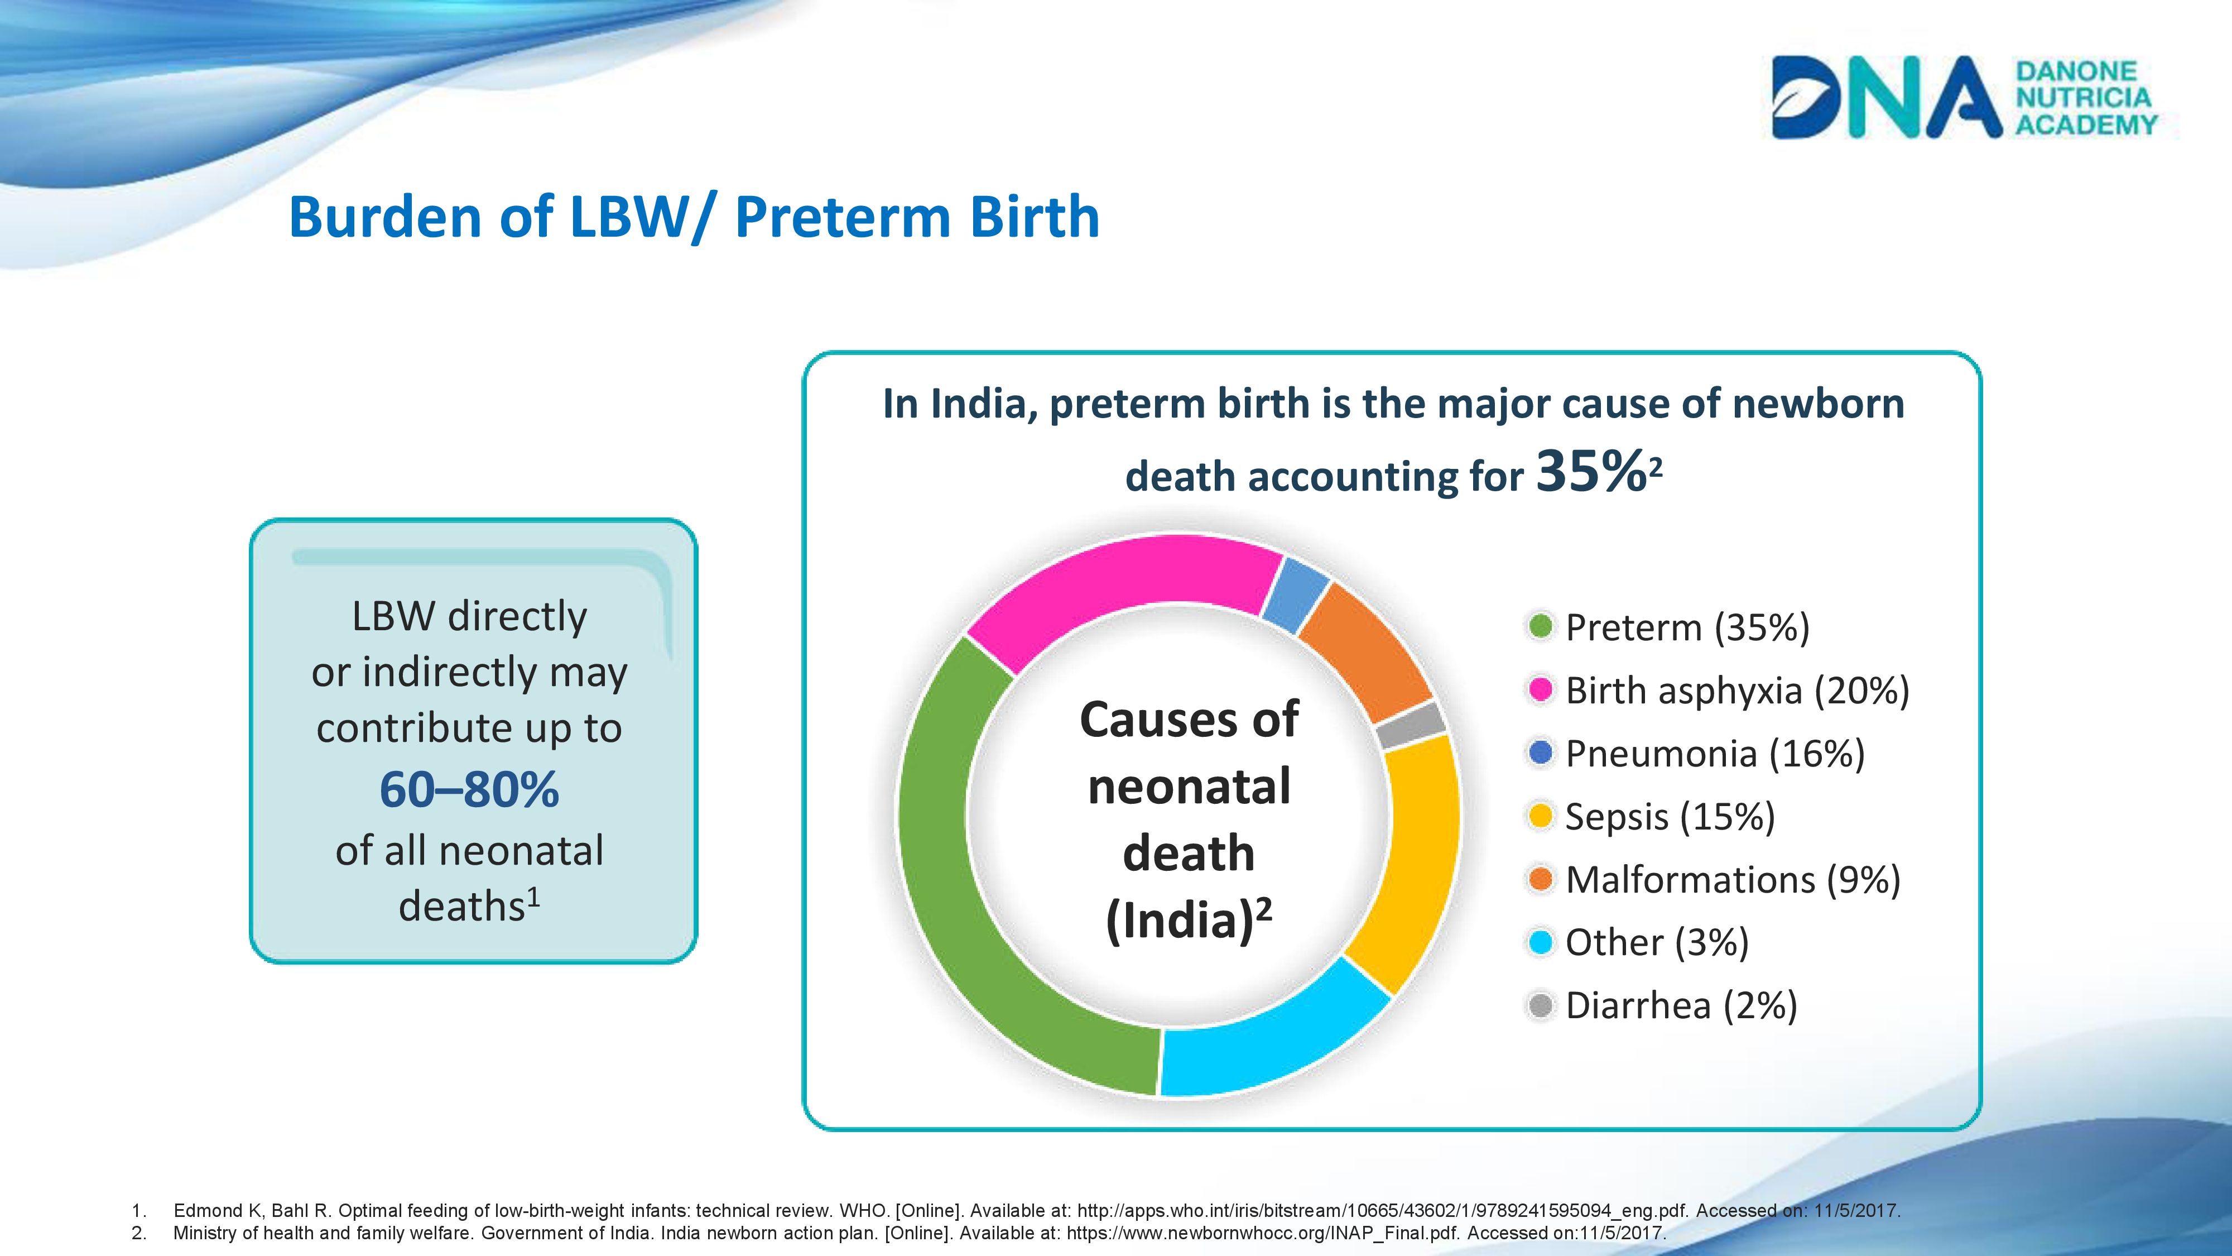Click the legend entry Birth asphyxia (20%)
click(x=1718, y=690)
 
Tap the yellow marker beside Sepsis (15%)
click(x=1541, y=816)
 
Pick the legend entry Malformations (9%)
click(x=1713, y=879)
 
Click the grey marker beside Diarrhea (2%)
click(x=1541, y=1005)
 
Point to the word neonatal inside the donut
click(x=1189, y=786)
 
